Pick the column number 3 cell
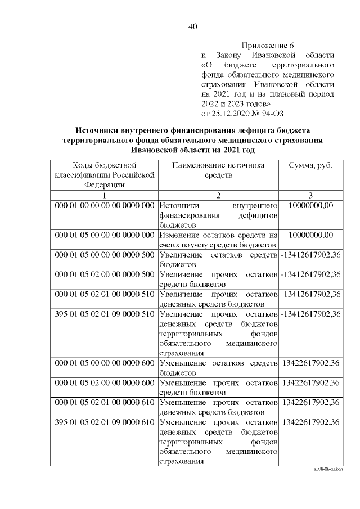310,195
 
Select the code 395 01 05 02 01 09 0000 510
104,313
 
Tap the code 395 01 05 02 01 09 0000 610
104,422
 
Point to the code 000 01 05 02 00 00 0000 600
104,383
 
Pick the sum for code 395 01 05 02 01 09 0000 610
310,422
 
